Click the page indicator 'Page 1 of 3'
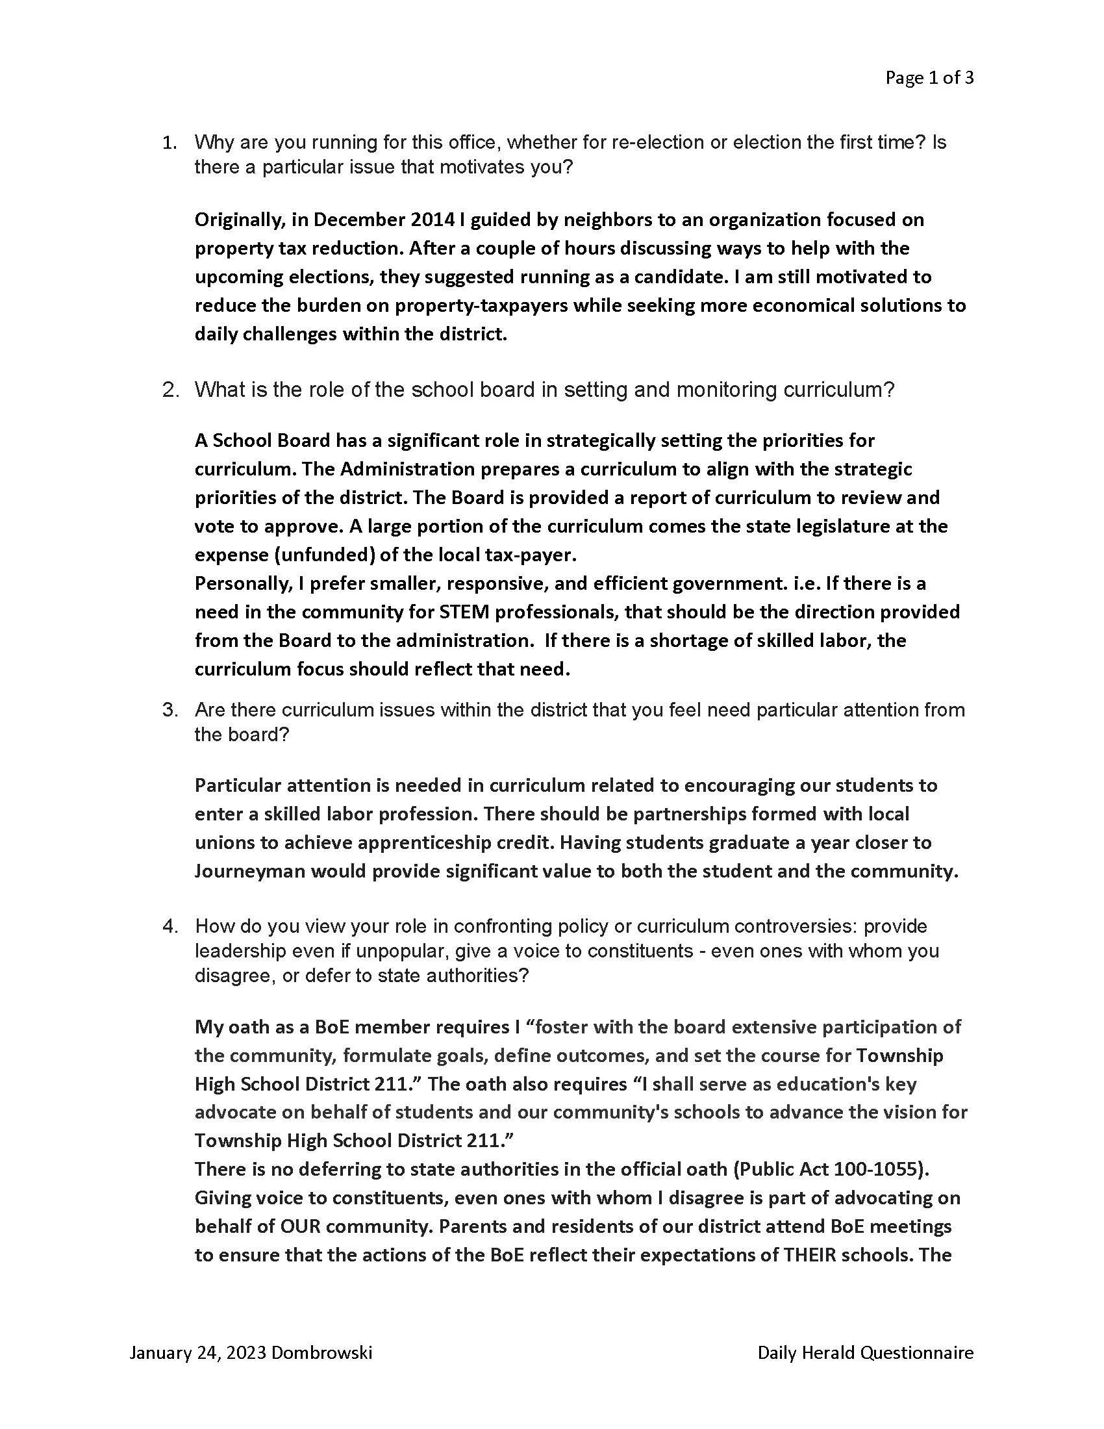[929, 78]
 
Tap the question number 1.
[169, 143]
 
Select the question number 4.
[169, 926]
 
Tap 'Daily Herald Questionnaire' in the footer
[865, 1352]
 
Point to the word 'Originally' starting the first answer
[239, 220]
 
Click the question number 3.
[169, 710]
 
